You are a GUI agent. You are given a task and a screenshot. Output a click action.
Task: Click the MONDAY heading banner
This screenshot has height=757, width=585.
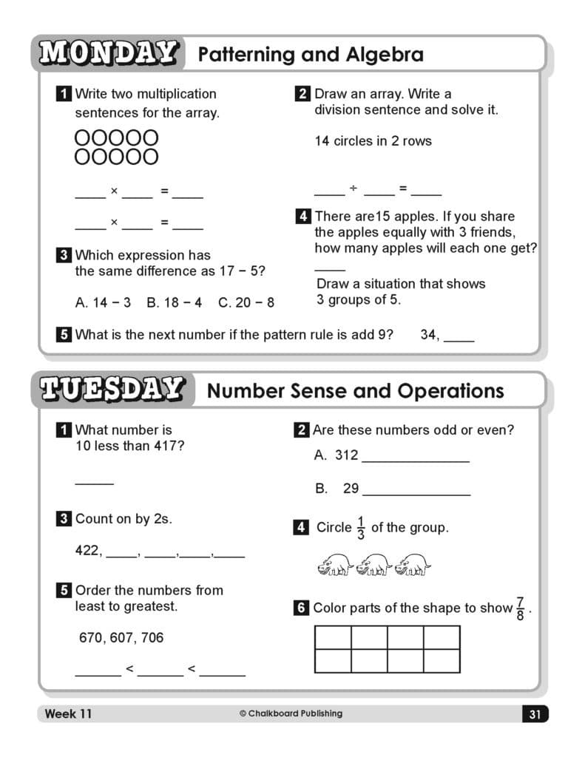coord(108,54)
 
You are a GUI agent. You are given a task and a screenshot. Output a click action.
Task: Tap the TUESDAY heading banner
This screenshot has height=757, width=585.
coord(112,390)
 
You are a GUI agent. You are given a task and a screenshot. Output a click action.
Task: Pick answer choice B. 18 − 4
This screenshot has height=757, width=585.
coord(174,302)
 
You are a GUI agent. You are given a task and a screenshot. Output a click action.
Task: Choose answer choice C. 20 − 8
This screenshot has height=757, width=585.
coord(246,302)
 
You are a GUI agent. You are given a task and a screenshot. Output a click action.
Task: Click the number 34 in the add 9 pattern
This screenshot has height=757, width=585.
coord(429,334)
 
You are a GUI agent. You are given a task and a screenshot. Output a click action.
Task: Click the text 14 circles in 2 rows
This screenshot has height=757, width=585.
coord(373,140)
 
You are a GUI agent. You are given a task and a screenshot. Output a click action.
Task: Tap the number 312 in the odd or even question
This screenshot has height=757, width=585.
coord(346,455)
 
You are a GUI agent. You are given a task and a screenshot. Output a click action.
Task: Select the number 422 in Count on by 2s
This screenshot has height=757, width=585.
coord(87,550)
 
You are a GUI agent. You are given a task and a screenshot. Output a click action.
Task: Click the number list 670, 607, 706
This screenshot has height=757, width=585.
coord(121,637)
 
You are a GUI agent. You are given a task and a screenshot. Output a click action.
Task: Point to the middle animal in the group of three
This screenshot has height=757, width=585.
coord(373,566)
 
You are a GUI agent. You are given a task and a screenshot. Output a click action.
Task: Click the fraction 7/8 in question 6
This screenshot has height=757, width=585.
coord(521,608)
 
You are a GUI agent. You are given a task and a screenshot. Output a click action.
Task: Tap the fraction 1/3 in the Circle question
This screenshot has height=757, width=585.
coord(361,528)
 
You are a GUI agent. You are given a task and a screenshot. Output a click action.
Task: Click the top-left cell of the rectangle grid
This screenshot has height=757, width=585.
coord(333,637)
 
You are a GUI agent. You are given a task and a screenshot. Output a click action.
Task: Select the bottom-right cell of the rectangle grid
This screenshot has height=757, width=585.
coord(442,661)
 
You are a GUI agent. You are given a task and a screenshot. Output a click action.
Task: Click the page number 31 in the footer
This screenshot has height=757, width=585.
coord(535,714)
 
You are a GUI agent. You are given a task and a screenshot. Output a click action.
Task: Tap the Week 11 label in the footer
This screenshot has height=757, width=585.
coord(68,713)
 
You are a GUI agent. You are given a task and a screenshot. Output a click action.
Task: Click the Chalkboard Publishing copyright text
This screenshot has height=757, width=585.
coord(291,713)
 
